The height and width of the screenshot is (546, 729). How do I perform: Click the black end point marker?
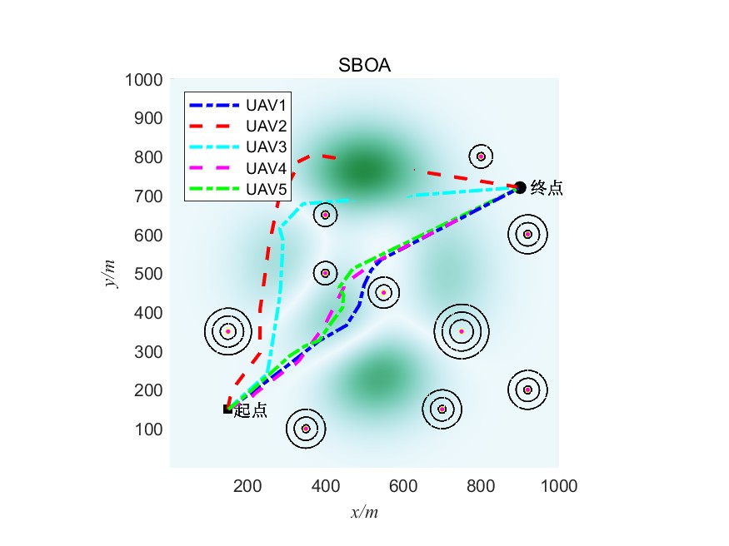(520, 187)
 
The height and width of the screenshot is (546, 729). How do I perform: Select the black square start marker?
(227, 409)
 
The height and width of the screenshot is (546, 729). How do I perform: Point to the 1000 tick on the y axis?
(142, 80)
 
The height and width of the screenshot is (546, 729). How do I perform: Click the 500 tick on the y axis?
(147, 274)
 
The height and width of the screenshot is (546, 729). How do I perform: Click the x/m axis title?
(364, 513)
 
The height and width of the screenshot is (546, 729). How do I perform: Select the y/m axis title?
(110, 274)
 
